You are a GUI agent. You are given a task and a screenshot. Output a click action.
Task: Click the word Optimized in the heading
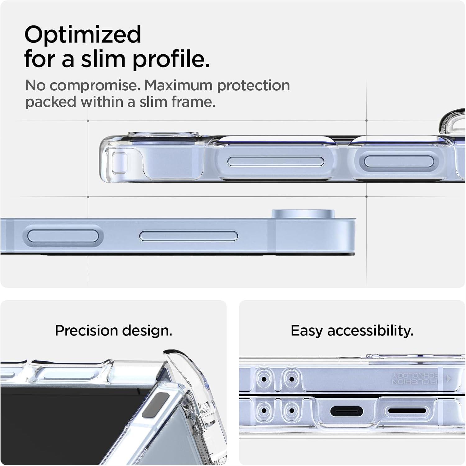(83, 35)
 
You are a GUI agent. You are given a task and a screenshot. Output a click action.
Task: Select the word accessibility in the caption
(370, 331)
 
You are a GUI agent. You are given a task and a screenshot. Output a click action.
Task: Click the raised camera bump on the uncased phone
(303, 214)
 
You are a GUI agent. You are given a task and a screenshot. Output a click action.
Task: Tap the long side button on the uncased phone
(189, 236)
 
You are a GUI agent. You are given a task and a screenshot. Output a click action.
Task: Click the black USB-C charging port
(346, 411)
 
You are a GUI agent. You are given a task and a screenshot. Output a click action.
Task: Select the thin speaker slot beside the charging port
(407, 411)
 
